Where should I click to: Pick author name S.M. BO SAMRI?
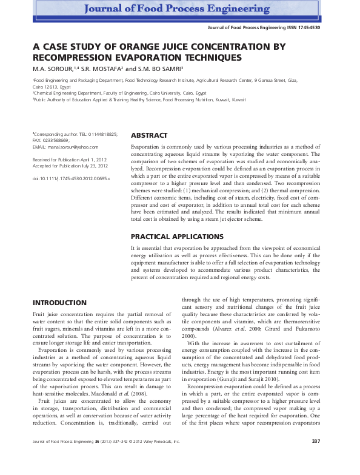click(x=164, y=69)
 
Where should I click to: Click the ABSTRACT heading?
click(x=149, y=135)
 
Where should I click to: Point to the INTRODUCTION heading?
click(x=59, y=302)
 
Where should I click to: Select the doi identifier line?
click(x=71, y=179)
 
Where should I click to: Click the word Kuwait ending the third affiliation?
click(x=239, y=99)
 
